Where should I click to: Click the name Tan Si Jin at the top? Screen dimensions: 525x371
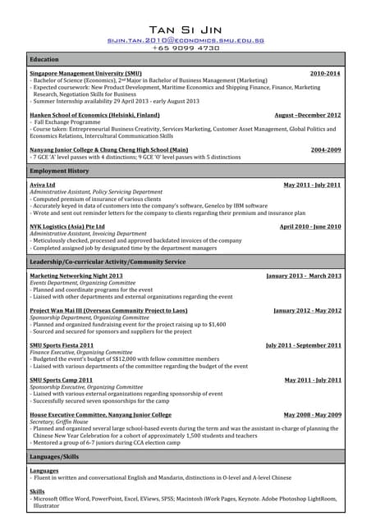[185, 30]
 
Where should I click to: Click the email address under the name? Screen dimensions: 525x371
[185, 39]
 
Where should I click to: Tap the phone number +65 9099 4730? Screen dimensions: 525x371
[185, 48]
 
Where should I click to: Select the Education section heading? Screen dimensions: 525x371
[44, 60]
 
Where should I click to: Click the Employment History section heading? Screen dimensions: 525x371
[59, 171]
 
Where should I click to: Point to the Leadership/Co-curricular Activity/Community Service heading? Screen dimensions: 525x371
[108, 261]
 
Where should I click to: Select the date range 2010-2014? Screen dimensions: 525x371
[325, 74]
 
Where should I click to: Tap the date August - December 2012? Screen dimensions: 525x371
[308, 116]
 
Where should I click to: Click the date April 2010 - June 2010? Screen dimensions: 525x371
[310, 226]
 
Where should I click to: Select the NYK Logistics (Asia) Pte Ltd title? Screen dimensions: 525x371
[67, 226]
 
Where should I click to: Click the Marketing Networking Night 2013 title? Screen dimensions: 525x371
[76, 276]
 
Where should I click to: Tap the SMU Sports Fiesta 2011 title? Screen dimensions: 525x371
[62, 345]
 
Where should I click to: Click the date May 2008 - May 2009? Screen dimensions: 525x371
[313, 415]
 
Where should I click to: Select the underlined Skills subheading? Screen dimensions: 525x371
[37, 491]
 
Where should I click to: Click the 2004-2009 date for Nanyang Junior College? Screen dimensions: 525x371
[326, 151]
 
